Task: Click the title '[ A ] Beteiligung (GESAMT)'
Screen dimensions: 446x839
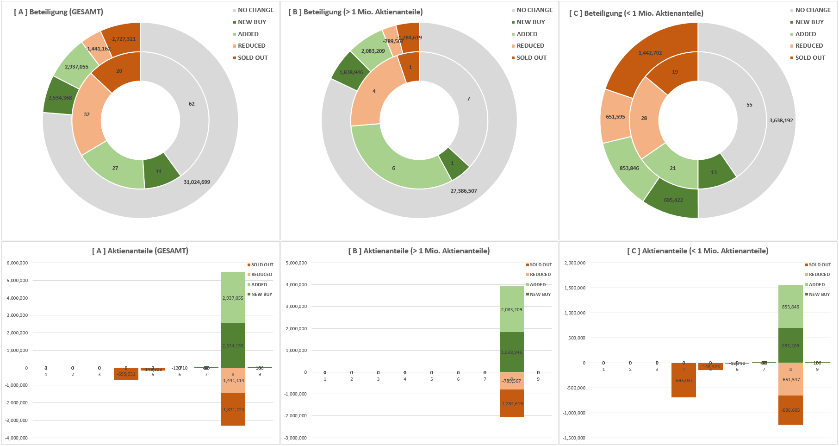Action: tap(58, 12)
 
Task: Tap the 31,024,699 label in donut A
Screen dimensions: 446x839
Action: tap(197, 182)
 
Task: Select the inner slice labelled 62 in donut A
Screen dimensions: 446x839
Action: tap(192, 104)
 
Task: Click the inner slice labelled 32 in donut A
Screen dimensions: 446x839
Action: tap(87, 114)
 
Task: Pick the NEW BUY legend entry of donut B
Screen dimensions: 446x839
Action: tap(530, 22)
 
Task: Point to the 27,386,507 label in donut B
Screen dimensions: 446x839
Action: tap(464, 191)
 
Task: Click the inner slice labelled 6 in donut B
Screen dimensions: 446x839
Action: tap(393, 168)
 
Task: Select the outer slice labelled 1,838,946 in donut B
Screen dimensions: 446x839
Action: tap(351, 72)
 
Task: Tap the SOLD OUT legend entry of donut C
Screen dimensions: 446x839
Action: tap(810, 58)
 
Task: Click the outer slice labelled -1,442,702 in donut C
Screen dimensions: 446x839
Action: tap(649, 53)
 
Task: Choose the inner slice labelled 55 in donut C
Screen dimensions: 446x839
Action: tap(749, 105)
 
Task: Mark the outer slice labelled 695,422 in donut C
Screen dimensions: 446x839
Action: tap(673, 200)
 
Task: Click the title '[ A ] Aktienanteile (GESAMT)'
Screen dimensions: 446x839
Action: tap(140, 251)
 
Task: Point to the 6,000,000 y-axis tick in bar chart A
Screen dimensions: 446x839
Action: tap(17, 263)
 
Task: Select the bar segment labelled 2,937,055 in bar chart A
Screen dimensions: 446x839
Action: tap(233, 298)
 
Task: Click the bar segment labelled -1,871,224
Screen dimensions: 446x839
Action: tap(233, 410)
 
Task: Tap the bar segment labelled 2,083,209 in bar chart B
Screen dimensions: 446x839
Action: tap(511, 309)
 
